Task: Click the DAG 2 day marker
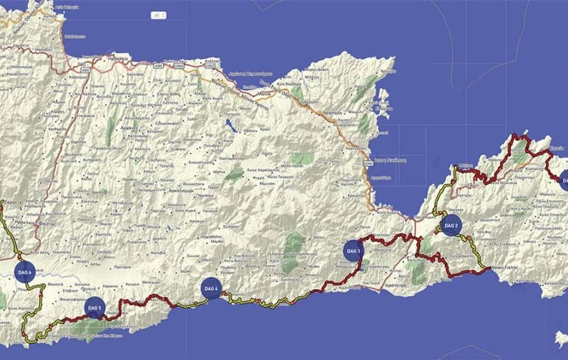tap(451, 226)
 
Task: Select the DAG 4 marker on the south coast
tap(211, 288)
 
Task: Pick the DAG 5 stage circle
tap(95, 308)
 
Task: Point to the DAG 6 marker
tap(25, 272)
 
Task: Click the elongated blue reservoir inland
tap(230, 126)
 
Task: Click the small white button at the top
tap(159, 15)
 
